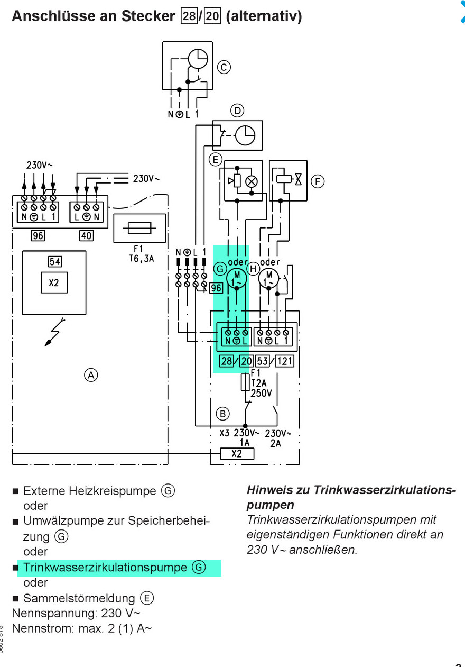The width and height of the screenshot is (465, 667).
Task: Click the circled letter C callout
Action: pyautogui.click(x=224, y=67)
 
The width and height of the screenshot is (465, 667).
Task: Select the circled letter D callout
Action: pyautogui.click(x=237, y=111)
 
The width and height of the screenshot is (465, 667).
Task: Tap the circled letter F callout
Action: pyautogui.click(x=318, y=181)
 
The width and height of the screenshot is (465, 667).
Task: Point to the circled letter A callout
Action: pyautogui.click(x=91, y=375)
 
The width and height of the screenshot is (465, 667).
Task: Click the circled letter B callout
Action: pyautogui.click(x=222, y=414)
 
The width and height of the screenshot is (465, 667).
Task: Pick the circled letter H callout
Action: pyautogui.click(x=253, y=269)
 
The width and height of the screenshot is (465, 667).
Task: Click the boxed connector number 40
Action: pyautogui.click(x=86, y=235)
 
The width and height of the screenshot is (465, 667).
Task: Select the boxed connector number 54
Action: pyautogui.click(x=55, y=262)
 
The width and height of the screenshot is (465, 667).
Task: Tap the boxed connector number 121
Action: pyautogui.click(x=284, y=361)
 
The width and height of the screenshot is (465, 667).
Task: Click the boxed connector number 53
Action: pyautogui.click(x=263, y=361)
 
